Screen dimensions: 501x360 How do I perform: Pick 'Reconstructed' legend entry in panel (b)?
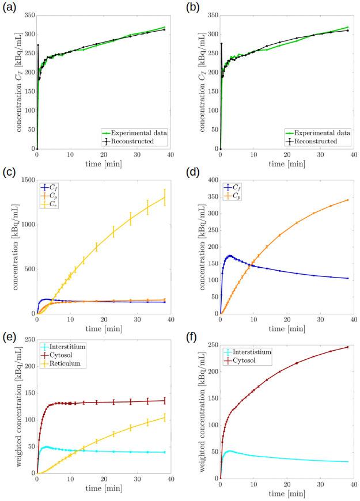pos(320,141)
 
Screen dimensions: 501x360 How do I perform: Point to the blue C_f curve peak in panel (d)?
pos(230,256)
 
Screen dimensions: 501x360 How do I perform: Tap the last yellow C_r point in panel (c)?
pos(165,198)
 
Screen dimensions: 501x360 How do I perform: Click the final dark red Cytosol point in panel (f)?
pos(348,347)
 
